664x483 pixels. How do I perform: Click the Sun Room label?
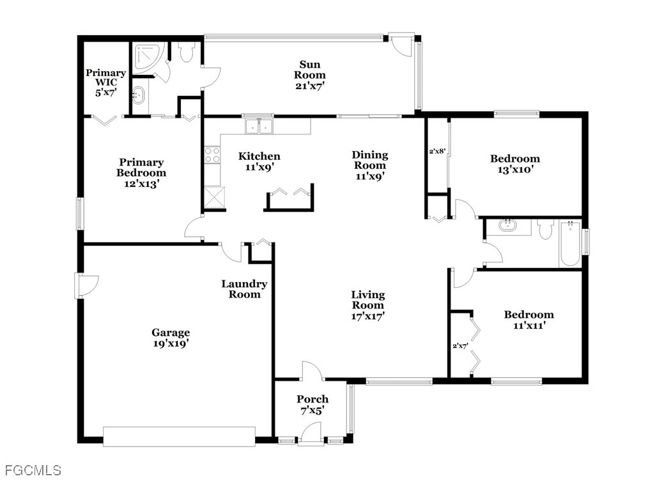point(310,70)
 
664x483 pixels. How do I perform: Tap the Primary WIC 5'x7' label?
point(106,83)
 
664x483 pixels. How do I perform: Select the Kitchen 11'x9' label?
point(259,162)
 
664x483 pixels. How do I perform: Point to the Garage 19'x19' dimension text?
point(171,344)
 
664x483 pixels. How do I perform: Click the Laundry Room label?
point(244,289)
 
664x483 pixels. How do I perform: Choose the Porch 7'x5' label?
point(313,404)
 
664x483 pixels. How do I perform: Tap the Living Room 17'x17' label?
point(368,305)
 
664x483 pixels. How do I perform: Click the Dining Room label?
point(370,160)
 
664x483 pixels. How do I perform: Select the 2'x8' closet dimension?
point(437,150)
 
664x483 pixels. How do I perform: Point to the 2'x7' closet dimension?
point(460,345)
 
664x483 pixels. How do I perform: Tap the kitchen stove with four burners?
point(212,154)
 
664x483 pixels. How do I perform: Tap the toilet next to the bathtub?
point(545,228)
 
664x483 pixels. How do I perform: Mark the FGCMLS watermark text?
point(33,470)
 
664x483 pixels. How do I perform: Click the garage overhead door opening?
point(179,436)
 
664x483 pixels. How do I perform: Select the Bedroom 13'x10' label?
point(515,164)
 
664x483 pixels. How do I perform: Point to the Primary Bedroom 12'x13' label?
point(141,173)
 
